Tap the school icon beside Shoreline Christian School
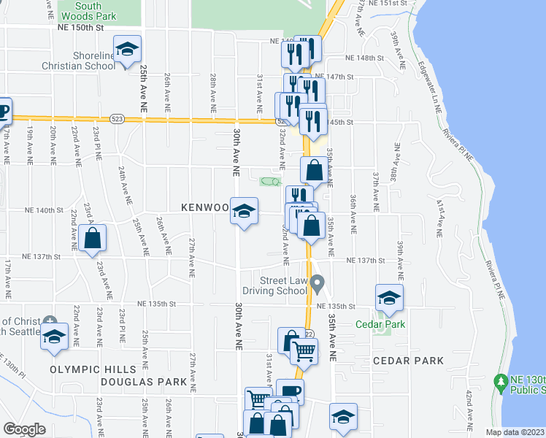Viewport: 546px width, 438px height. pyautogui.click(x=128, y=50)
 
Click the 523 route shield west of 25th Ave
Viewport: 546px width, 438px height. pyautogui.click(x=117, y=118)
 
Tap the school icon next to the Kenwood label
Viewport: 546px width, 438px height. pyautogui.click(x=244, y=212)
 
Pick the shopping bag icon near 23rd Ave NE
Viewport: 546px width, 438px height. pyautogui.click(x=93, y=238)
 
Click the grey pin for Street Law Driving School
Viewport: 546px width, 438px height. pyautogui.click(x=317, y=282)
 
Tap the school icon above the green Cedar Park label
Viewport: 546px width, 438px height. pyautogui.click(x=389, y=298)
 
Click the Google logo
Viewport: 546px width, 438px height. pyautogui.click(x=24, y=429)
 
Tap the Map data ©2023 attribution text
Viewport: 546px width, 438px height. pyautogui.click(x=515, y=432)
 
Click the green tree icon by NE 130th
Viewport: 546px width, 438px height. pyautogui.click(x=501, y=381)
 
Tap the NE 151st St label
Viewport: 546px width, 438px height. pyautogui.click(x=386, y=4)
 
